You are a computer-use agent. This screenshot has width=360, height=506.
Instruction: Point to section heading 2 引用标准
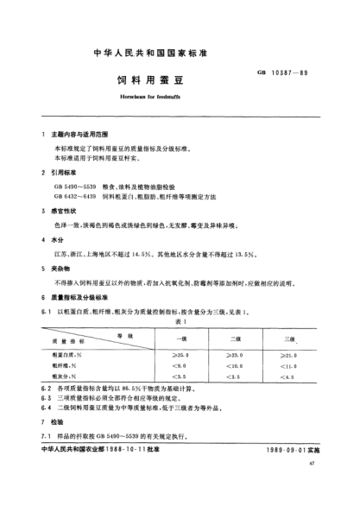tap(63, 174)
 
